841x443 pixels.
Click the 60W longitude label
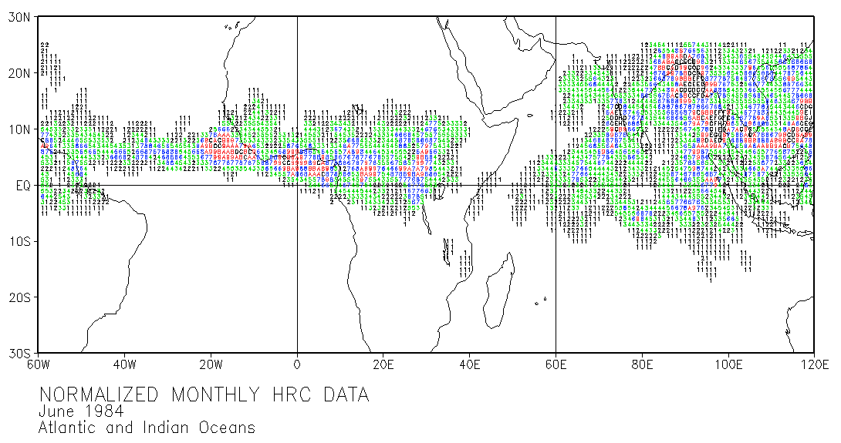click(x=39, y=364)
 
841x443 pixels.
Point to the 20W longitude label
click(x=211, y=364)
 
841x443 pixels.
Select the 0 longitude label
click(x=297, y=364)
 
